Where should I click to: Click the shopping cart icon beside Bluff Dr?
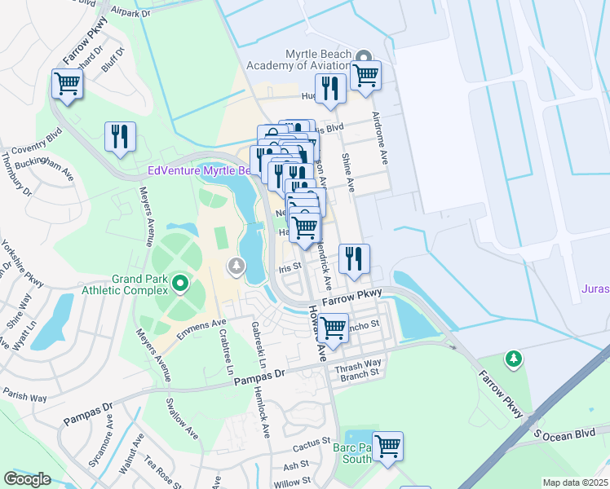tap(67, 83)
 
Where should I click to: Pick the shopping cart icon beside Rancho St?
tap(333, 328)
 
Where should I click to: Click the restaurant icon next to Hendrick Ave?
tap(354, 259)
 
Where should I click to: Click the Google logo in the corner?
tap(28, 478)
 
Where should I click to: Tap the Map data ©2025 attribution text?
tap(575, 482)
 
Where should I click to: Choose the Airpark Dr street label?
tap(131, 13)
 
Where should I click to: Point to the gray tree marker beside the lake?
tap(236, 266)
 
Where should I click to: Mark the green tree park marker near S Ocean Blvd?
tap(513, 358)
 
